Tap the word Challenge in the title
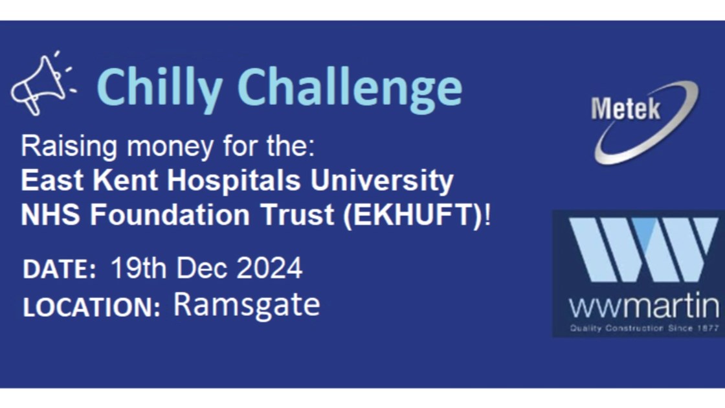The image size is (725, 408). point(350,89)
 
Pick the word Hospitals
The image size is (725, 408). point(234,180)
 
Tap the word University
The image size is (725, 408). point(382,181)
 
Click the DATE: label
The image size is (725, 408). point(60,269)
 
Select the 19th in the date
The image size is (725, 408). point(139,268)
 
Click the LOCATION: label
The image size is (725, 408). point(91,307)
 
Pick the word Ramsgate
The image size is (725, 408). point(247,305)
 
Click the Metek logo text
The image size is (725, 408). point(625,109)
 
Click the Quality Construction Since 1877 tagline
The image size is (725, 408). point(644,328)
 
